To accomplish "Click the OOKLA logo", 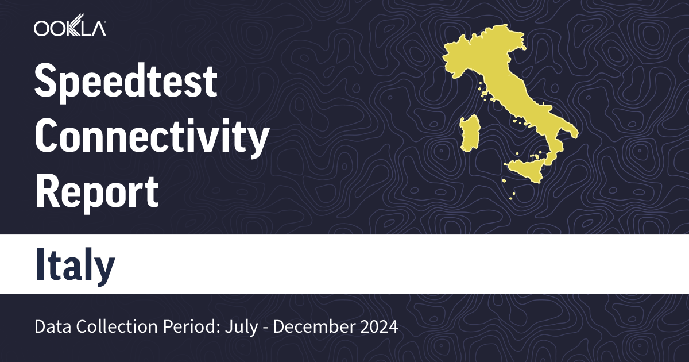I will point(69,28).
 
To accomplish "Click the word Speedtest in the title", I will point(126,82).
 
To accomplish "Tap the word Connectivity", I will point(152,137).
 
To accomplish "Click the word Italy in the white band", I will point(75,265).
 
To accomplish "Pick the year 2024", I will point(377,327).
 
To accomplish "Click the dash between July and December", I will point(264,328).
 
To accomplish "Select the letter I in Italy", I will point(40,265).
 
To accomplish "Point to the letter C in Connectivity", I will point(48,137).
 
